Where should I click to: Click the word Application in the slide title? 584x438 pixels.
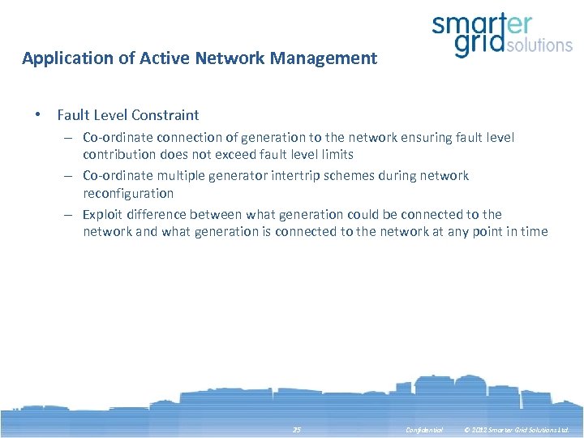click(62, 58)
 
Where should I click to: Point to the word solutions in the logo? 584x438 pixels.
click(539, 45)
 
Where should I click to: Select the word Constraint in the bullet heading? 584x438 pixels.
click(167, 115)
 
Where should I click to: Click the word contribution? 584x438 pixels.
click(119, 154)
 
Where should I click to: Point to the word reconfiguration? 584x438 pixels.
click(128, 193)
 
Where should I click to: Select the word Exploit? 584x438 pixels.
click(103, 214)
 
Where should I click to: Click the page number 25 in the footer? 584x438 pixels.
click(296, 430)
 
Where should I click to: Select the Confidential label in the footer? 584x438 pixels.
click(424, 430)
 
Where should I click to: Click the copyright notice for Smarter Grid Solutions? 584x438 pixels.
click(516, 430)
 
